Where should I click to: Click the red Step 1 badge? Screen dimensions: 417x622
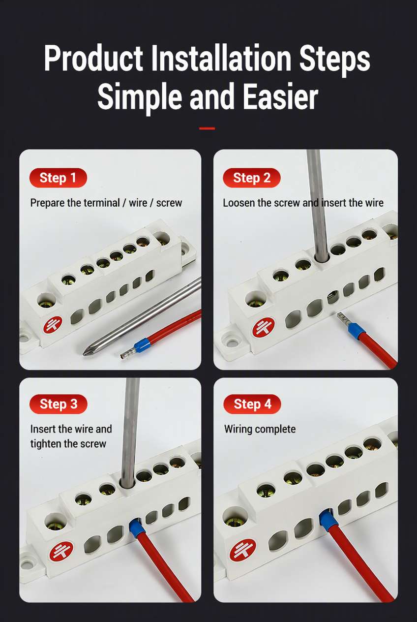tap(58, 178)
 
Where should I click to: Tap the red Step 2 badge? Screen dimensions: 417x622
tap(252, 178)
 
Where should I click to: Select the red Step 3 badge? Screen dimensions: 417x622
tap(58, 404)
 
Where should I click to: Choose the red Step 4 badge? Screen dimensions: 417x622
tap(252, 404)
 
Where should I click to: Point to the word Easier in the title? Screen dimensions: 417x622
tap(280, 96)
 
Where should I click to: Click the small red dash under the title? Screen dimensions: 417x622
tap(207, 128)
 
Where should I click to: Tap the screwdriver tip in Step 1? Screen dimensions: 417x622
tap(84, 353)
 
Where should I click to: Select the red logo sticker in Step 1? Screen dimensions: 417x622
tap(53, 325)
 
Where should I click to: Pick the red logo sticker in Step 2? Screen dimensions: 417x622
tap(263, 328)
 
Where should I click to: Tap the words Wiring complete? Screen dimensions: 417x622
tap(260, 429)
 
